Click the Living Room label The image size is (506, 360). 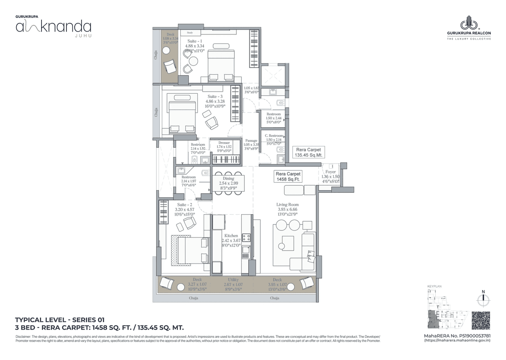[287, 204]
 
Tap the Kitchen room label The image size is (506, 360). [231, 236]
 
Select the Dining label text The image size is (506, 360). [228, 179]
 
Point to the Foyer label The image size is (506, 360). [330, 172]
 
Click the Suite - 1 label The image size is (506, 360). [194, 41]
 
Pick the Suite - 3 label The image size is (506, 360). [215, 96]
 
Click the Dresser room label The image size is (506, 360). [224, 143]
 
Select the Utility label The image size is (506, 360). [233, 279]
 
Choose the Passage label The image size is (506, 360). [251, 141]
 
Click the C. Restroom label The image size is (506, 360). [274, 136]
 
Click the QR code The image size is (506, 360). [481, 320]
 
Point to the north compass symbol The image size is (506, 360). [483, 299]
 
